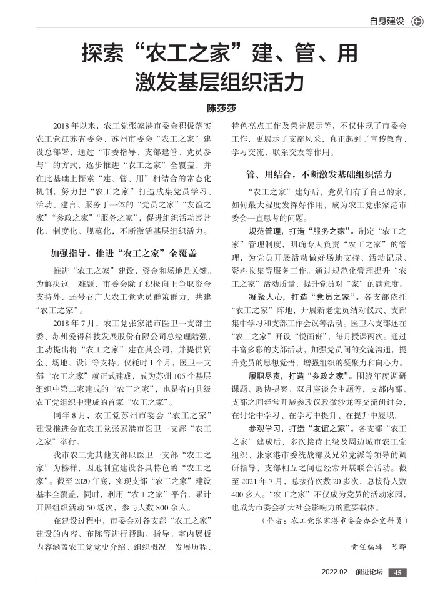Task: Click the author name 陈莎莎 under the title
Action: click(x=222, y=108)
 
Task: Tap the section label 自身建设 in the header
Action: click(x=387, y=21)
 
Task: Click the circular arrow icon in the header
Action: click(x=416, y=21)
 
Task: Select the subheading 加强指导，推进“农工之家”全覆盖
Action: click(x=124, y=254)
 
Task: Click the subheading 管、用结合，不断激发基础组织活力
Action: click(x=319, y=172)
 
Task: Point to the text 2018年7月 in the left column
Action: click(x=74, y=323)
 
